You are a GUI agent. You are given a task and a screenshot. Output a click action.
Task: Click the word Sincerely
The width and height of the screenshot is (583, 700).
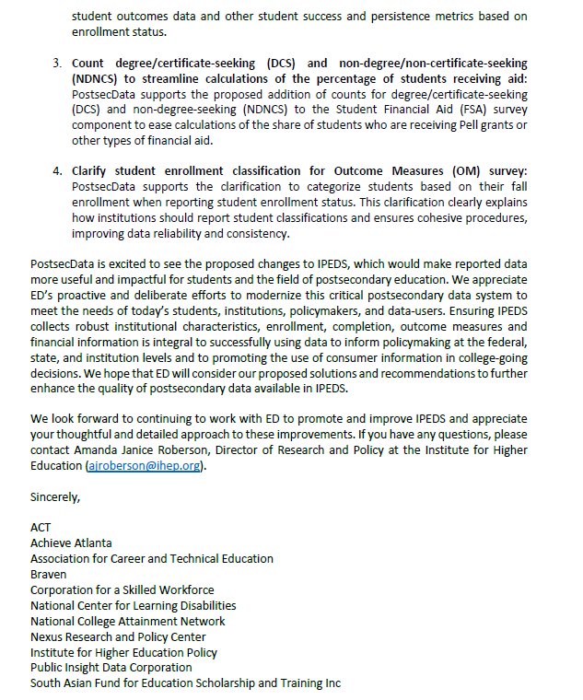tap(55, 497)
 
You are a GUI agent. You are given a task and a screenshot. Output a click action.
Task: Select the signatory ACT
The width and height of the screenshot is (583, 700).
tap(41, 528)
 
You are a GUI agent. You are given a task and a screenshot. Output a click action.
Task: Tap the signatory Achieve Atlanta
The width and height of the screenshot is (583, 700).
tap(71, 543)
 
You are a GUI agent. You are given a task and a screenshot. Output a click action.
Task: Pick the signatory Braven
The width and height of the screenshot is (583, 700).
tap(49, 574)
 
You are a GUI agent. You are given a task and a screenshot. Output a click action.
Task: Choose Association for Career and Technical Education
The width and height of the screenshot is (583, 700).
tap(152, 559)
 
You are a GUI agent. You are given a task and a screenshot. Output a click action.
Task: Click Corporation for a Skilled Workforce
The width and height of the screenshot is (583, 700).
tap(122, 589)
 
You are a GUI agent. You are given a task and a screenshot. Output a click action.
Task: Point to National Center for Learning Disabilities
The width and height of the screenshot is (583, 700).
tap(134, 605)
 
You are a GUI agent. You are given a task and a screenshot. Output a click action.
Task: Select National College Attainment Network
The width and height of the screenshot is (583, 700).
tap(128, 621)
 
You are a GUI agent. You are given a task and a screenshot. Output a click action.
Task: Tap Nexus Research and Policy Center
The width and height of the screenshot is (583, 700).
tap(118, 636)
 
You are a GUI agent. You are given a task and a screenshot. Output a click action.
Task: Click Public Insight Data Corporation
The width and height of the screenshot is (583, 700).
tap(111, 667)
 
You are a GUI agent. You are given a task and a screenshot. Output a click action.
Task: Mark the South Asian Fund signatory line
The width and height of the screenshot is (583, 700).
tap(185, 682)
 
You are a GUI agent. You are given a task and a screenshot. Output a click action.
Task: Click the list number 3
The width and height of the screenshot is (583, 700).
tap(56, 64)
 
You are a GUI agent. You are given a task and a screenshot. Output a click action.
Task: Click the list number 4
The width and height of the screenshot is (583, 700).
tap(56, 171)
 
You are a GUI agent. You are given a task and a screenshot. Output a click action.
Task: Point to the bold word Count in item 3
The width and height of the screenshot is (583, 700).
tap(89, 64)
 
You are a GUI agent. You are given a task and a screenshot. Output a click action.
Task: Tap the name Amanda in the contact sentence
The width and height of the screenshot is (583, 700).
tap(106, 451)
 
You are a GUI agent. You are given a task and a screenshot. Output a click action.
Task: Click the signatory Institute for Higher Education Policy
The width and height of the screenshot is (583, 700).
tap(124, 652)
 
